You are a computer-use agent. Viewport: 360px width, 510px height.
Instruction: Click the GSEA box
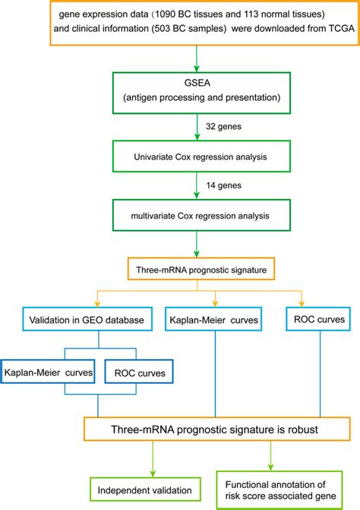(201, 93)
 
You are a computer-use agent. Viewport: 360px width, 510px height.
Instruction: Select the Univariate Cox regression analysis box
(201, 156)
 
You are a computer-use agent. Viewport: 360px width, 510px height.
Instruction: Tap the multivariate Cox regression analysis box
(201, 216)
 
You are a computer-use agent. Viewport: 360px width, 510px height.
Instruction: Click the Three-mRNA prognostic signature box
(201, 269)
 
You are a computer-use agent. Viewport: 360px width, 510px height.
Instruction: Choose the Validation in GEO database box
(87, 319)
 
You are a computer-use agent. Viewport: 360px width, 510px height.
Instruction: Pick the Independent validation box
(145, 490)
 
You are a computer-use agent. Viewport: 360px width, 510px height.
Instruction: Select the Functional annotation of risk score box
(279, 490)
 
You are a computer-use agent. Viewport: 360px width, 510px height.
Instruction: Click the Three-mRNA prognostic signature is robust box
(217, 429)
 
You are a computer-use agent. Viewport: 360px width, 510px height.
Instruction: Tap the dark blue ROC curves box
(139, 371)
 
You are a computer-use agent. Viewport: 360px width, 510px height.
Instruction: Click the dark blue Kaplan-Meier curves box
(48, 371)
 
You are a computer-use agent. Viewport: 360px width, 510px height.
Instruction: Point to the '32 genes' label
(223, 127)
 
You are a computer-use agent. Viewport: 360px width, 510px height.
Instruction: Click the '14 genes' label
(223, 185)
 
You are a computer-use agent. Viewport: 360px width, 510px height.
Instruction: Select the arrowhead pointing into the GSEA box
(197, 68)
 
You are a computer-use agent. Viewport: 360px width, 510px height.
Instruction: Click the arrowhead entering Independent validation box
(153, 474)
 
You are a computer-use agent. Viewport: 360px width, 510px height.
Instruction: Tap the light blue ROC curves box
(319, 319)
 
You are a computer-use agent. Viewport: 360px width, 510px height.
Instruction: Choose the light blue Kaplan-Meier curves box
(213, 319)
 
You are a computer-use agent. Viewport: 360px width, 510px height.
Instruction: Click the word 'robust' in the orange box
(303, 430)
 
